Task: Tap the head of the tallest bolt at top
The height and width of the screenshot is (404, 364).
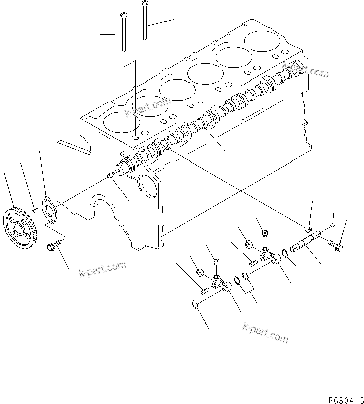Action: tap(145, 4)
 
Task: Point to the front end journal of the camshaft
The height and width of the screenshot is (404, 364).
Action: tap(124, 168)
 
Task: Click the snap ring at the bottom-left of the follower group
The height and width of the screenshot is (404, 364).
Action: tap(195, 303)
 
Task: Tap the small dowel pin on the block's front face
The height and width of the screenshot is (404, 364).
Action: tap(110, 175)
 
